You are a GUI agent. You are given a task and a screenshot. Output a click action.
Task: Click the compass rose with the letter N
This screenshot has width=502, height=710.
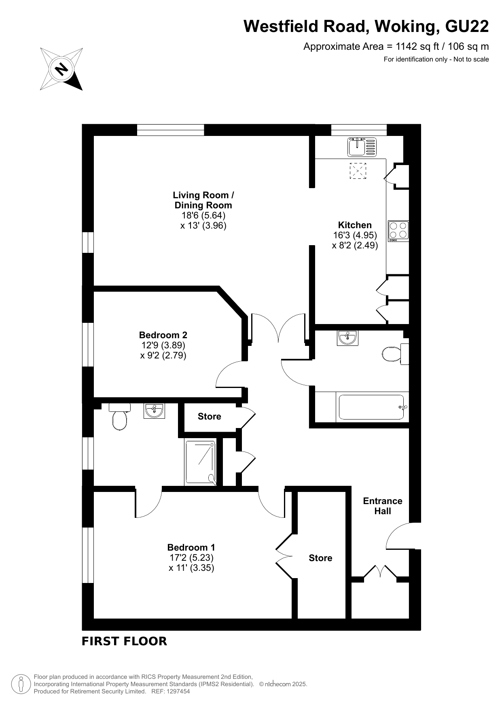point(61,69)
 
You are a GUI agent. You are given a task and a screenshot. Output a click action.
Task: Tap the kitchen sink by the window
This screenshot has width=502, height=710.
point(362,147)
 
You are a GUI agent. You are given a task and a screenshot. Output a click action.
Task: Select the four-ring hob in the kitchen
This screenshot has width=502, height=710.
point(398,231)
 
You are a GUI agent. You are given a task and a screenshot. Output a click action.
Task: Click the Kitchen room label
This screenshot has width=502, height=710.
point(355,225)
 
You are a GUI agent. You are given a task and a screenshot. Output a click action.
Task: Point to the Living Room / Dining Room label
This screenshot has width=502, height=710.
point(203,200)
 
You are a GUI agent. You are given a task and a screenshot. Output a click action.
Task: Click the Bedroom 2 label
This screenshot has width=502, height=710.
point(163,335)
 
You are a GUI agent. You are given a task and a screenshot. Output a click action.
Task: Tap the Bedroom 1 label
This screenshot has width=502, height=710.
point(191,547)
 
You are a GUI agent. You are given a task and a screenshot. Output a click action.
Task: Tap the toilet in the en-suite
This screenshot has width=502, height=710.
point(119,417)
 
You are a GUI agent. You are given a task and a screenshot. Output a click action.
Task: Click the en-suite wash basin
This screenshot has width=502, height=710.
point(154,411)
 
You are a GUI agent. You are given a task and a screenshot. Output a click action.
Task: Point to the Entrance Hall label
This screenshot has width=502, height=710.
point(383,506)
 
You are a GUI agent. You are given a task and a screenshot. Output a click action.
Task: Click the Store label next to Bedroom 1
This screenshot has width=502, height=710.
point(320,558)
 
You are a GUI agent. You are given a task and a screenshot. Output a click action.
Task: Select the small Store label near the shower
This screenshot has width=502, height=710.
point(210,416)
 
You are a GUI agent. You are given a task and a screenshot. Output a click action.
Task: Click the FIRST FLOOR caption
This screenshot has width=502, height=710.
point(124,641)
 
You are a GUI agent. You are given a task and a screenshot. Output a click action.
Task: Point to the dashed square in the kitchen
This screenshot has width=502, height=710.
point(358,171)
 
